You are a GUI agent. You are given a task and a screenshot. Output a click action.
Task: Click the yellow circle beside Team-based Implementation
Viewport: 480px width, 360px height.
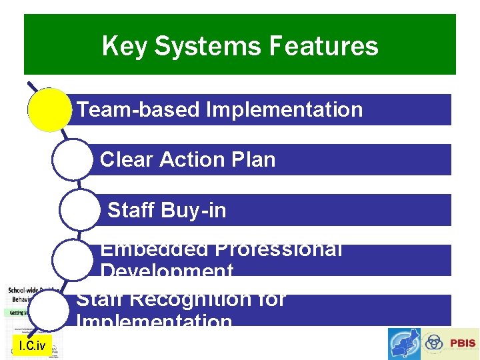coord(49,109)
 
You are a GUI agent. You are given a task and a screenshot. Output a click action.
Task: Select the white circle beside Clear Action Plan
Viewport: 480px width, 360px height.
coord(73,159)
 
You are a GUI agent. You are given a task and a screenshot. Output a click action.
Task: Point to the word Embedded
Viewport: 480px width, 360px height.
coord(154,250)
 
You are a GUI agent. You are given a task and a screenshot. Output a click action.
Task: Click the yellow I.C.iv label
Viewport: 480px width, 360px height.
coord(32,345)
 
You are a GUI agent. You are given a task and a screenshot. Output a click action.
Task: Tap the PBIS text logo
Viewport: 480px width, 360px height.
coord(463,343)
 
